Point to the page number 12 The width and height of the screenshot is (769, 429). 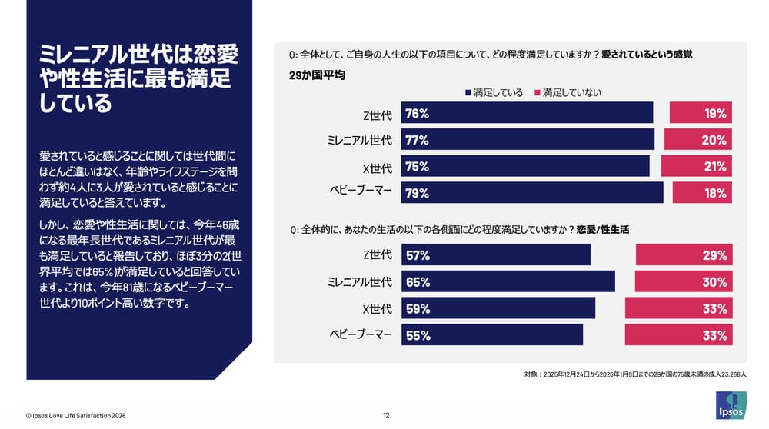point(386,416)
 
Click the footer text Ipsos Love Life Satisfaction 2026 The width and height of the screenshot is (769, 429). point(75,416)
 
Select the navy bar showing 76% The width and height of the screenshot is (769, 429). point(527,113)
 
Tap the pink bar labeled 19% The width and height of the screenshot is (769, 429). point(701,113)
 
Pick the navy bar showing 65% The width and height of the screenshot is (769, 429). point(508,282)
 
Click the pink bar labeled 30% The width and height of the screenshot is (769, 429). point(684,282)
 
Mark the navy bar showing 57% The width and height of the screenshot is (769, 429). point(496,255)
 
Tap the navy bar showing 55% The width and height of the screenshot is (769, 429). point(492,335)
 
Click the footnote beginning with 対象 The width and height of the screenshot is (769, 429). point(634,374)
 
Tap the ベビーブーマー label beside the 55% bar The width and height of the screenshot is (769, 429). point(361,335)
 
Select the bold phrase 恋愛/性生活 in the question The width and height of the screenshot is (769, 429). point(604,230)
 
